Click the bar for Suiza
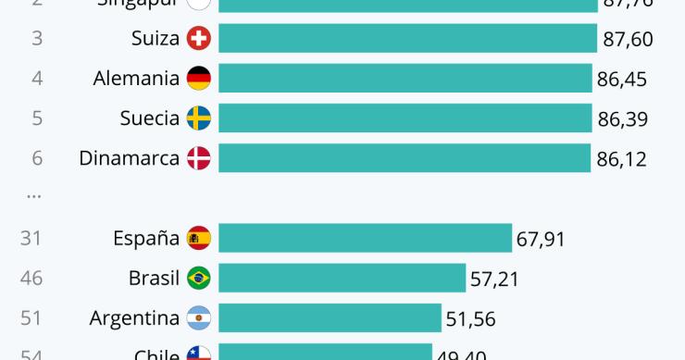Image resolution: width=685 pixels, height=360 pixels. pos(407,38)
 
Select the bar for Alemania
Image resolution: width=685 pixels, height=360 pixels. pos(405,79)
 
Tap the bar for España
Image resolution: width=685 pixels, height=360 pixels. pos(365,239)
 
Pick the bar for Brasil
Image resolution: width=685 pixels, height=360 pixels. pos(342,278)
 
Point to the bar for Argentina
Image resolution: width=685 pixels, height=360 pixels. pos(330,318)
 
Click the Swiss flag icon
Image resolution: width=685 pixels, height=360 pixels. pos(198,38)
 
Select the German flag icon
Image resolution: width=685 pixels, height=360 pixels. pos(198,79)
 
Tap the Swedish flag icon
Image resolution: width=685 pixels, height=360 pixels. pos(198,118)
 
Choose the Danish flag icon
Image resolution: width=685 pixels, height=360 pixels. pos(198,158)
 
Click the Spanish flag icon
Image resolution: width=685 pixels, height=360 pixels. pos(198,239)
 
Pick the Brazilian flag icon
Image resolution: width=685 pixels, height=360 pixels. pos(198,278)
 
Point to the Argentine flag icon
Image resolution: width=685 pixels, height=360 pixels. pos(198,318)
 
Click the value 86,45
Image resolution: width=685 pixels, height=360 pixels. pos(622,80)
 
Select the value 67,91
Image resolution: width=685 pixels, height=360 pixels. pos(541,240)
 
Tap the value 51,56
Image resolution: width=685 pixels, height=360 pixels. pos(470,319)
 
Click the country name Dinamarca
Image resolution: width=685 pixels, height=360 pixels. pos(129,158)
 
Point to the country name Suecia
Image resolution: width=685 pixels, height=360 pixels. pos(149,118)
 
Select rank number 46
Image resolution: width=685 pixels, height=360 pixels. pos(31,278)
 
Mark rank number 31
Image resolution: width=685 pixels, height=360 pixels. pos(31,239)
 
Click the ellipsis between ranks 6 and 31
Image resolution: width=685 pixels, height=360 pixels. pos(34,196)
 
